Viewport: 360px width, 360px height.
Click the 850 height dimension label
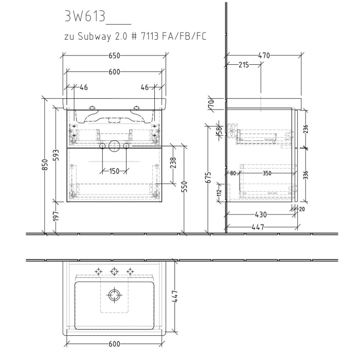[45, 165]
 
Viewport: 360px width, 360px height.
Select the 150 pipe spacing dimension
[114, 171]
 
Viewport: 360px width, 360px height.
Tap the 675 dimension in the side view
[208, 177]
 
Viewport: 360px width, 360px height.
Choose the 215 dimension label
[244, 65]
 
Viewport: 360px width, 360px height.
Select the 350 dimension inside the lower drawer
[266, 174]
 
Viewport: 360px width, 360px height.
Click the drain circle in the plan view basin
[114, 295]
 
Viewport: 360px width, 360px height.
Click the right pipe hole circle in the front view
[125, 147]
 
